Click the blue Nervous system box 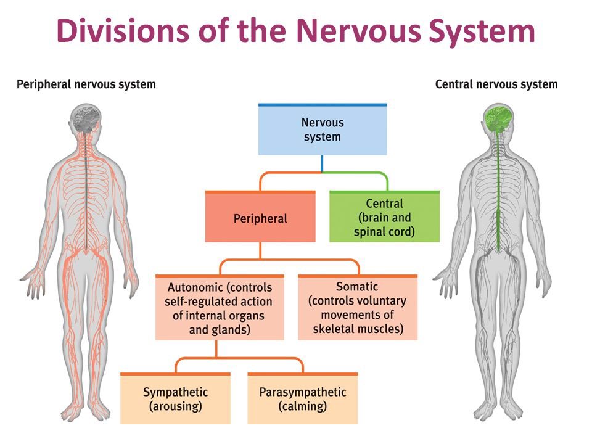(323, 129)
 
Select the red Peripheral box (260, 217)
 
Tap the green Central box (384, 217)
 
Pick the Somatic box (358, 308)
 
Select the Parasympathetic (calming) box (302, 399)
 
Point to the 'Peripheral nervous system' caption (86, 84)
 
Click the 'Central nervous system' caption (496, 84)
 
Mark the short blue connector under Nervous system (323, 163)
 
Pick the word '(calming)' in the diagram (302, 406)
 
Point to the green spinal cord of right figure (498, 197)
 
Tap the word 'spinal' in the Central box (369, 232)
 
